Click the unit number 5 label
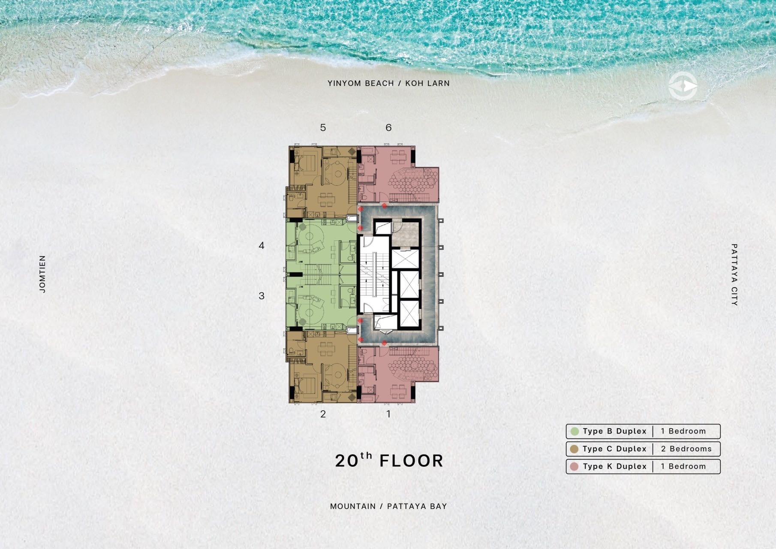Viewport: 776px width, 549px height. pyautogui.click(x=323, y=127)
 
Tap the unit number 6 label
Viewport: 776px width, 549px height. pyautogui.click(x=388, y=127)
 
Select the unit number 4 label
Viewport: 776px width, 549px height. pyautogui.click(x=262, y=246)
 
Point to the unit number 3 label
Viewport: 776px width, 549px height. pyautogui.click(x=262, y=296)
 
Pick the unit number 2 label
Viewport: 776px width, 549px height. pyautogui.click(x=323, y=414)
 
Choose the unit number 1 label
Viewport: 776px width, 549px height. pyautogui.click(x=388, y=414)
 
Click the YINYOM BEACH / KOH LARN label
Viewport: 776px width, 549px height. pyautogui.click(x=388, y=83)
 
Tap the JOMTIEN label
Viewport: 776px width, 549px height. pyautogui.click(x=42, y=274)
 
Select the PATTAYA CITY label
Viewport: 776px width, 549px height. pyautogui.click(x=734, y=274)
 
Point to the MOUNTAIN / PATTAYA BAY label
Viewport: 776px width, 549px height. pyautogui.click(x=388, y=506)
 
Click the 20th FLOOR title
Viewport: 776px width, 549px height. pyautogui.click(x=389, y=460)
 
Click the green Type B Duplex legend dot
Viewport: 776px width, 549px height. pyautogui.click(x=574, y=431)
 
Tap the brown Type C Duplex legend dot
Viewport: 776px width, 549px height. pyautogui.click(x=574, y=449)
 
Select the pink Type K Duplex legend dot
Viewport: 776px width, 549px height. pyautogui.click(x=574, y=467)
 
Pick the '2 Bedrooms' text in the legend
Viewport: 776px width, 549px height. pyautogui.click(x=686, y=449)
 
